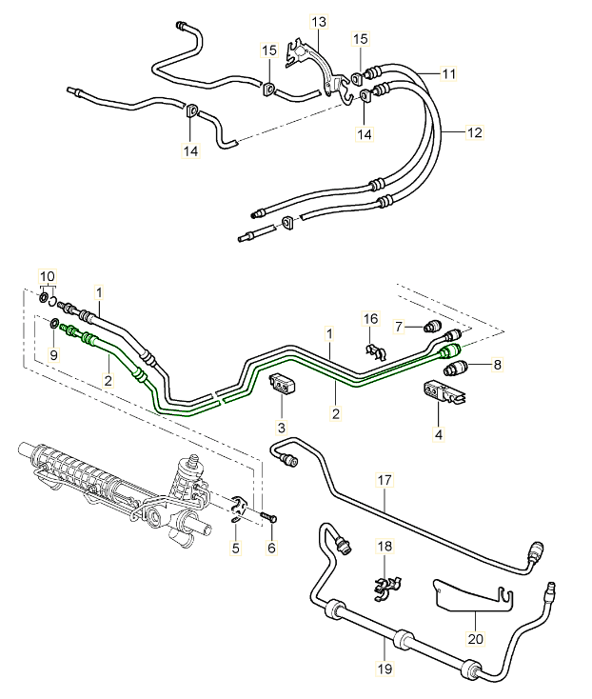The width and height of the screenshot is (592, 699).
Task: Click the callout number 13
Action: click(318, 21)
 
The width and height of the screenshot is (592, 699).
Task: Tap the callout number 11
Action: click(449, 73)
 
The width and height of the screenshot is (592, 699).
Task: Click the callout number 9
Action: click(52, 355)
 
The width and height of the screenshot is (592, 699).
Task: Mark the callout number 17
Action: click(385, 481)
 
